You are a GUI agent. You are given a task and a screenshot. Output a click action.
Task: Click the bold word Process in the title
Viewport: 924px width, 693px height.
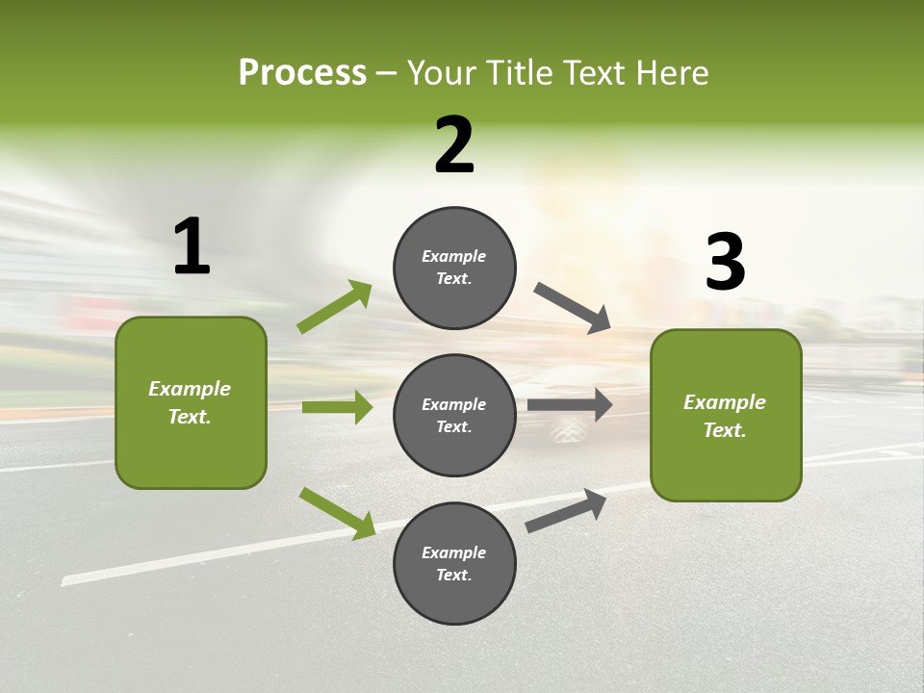[x=302, y=72]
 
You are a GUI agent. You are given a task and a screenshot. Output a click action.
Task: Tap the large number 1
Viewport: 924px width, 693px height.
[x=192, y=247]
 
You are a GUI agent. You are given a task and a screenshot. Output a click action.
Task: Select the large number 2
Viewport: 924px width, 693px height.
[x=454, y=145]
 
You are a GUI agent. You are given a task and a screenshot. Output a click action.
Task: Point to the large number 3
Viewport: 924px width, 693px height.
[x=725, y=262]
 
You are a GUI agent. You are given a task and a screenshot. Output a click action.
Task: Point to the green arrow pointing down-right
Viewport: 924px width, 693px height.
[x=337, y=513]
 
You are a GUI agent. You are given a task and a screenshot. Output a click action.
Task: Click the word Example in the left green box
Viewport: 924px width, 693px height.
[x=190, y=389]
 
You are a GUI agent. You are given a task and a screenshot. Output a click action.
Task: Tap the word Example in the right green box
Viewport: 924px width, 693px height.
[x=725, y=402]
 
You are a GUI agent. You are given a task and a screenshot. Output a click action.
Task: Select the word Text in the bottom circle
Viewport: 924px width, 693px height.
[x=452, y=576]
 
